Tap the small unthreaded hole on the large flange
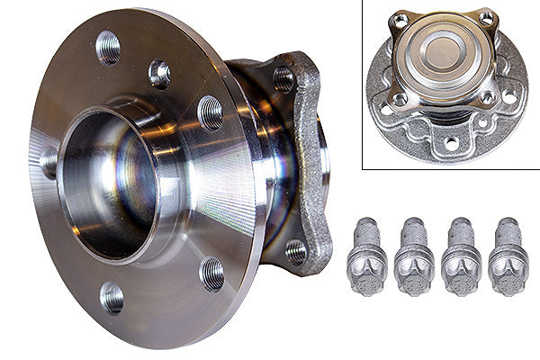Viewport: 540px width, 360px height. [159, 73]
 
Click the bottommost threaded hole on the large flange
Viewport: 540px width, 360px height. [112, 297]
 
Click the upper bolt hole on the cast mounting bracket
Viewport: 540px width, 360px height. [284, 79]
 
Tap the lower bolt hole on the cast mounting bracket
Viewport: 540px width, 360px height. [295, 251]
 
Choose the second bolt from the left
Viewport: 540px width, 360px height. [415, 267]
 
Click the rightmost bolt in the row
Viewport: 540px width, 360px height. [508, 267]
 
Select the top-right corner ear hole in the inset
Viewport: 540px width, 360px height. [487, 17]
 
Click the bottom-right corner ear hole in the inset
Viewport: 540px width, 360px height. [487, 96]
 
